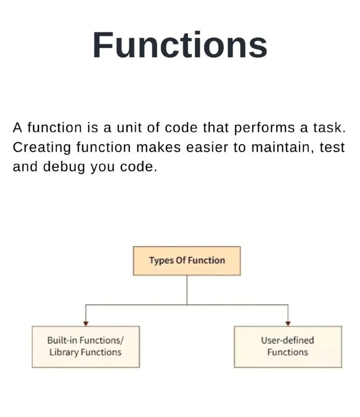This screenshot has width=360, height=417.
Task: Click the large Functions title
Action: [x=179, y=45]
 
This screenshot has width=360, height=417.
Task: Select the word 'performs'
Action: [x=265, y=128]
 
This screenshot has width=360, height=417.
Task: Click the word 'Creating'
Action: [x=42, y=148]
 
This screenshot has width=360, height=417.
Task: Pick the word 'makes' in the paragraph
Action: [x=159, y=148]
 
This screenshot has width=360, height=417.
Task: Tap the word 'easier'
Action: [x=207, y=148]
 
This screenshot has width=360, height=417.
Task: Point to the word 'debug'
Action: [x=64, y=167]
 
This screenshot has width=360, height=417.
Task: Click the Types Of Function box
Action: [x=187, y=261]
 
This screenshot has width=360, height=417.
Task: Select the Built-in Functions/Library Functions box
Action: [x=86, y=347]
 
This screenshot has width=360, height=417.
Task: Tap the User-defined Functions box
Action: [x=288, y=347]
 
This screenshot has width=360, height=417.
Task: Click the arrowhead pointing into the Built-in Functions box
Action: [x=86, y=324]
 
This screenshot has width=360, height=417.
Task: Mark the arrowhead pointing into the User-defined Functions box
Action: [x=288, y=324]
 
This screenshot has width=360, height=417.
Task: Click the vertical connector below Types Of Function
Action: [x=187, y=290]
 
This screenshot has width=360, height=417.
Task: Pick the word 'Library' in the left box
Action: [x=64, y=353]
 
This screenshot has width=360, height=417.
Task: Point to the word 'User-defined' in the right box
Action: [x=287, y=340]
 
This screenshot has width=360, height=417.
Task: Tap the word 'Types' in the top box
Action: [x=161, y=261]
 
